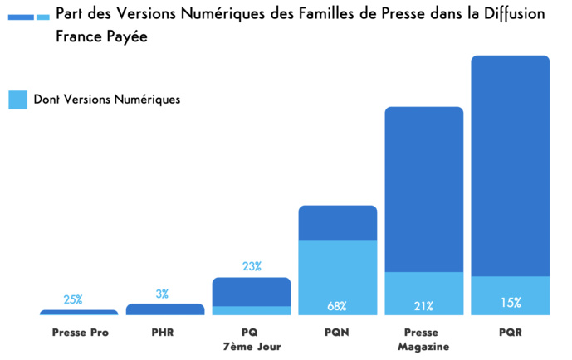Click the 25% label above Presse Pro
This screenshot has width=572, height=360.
click(x=73, y=299)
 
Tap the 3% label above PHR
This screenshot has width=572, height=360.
click(x=162, y=293)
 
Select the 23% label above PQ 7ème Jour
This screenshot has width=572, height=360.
click(x=252, y=266)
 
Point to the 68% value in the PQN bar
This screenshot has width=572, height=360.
click(x=337, y=306)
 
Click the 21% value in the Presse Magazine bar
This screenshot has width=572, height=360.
click(x=423, y=306)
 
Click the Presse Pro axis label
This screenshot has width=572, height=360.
click(x=80, y=333)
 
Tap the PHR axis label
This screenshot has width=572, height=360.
click(x=164, y=333)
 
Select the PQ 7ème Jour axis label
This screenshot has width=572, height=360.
click(x=251, y=339)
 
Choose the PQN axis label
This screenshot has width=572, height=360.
click(x=337, y=333)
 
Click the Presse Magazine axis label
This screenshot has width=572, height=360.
click(x=423, y=339)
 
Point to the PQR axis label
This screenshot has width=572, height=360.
click(x=510, y=333)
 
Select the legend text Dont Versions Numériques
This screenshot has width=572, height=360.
click(x=107, y=100)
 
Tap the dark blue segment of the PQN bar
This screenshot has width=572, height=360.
click(x=337, y=222)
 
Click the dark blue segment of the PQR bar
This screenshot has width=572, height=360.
click(x=510, y=166)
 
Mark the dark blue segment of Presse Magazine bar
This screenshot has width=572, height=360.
click(x=423, y=189)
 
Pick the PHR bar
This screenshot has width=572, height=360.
click(x=164, y=309)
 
